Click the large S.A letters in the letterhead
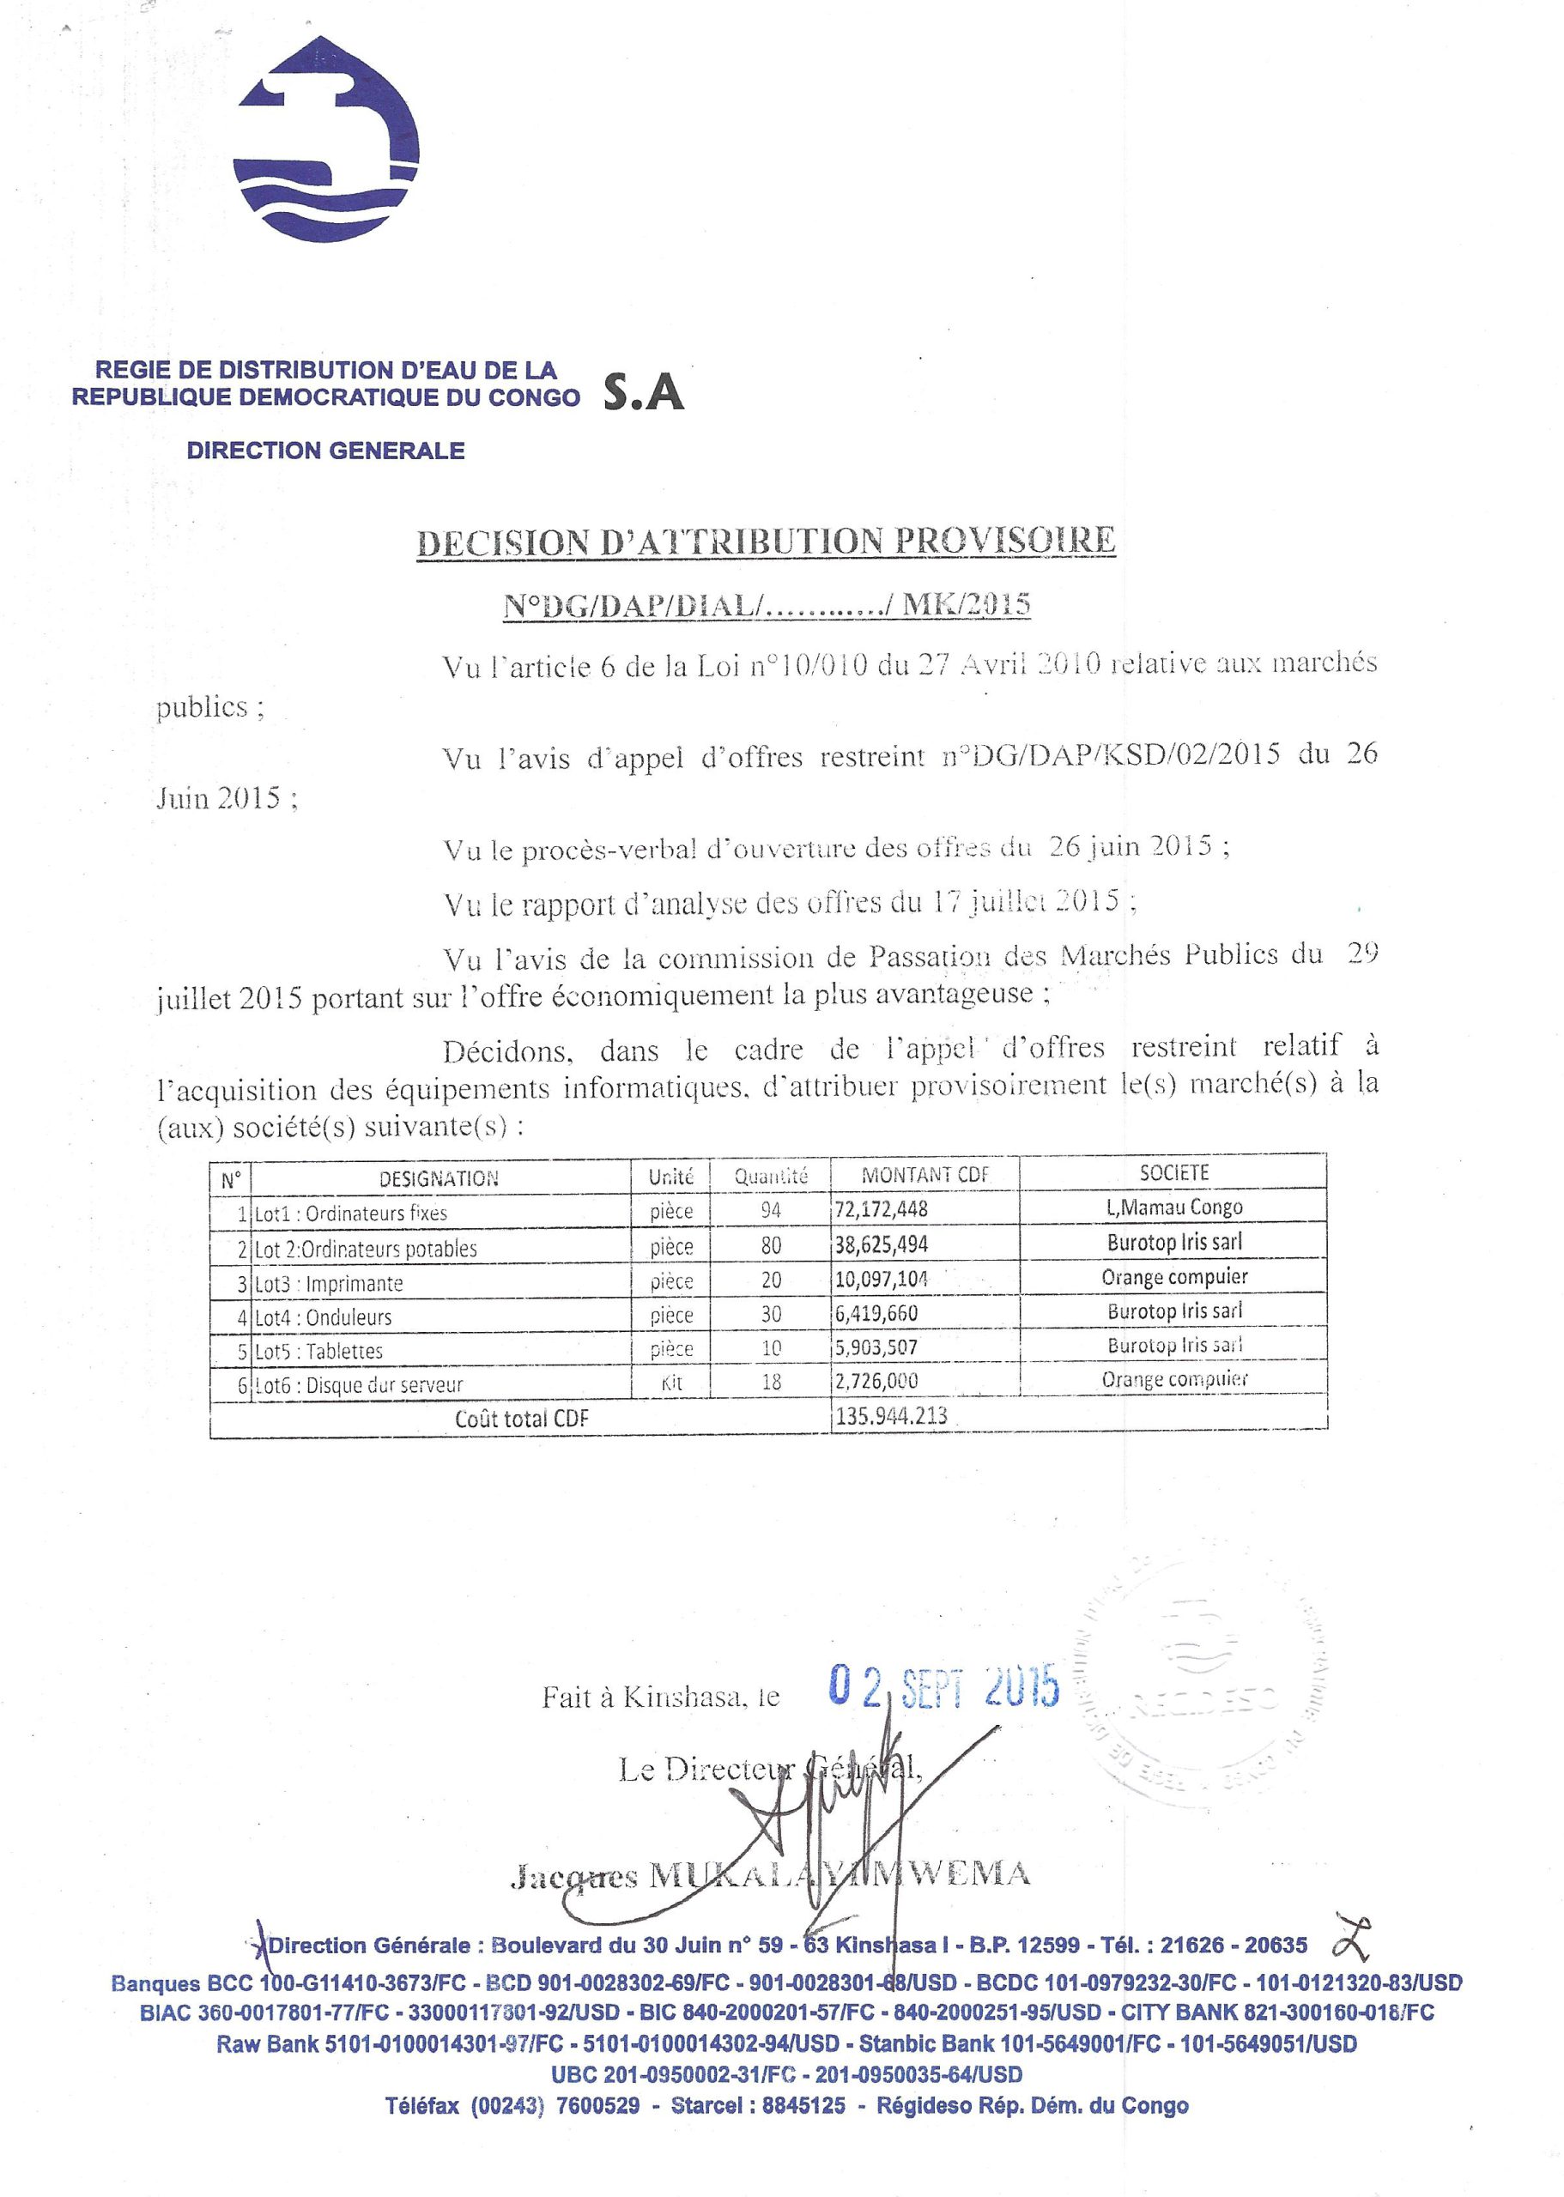(643, 393)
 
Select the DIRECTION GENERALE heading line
(325, 451)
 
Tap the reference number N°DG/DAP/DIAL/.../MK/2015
(767, 605)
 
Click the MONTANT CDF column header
(924, 1175)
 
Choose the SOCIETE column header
(1174, 1172)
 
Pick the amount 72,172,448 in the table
(882, 1209)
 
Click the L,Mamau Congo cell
(1175, 1207)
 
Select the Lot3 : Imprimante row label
(330, 1283)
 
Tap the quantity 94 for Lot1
(771, 1210)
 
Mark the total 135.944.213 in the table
(892, 1415)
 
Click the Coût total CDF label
(521, 1418)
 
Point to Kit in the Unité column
(671, 1383)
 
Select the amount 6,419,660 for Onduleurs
(876, 1313)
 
